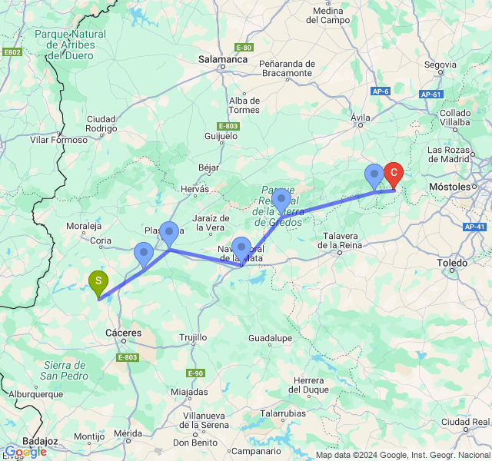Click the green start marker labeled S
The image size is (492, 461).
click(98, 283)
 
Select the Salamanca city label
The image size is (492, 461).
click(221, 58)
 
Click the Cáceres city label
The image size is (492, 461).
click(123, 333)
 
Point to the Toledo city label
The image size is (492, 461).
click(452, 263)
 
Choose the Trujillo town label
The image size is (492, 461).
click(193, 337)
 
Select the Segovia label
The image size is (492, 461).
click(440, 65)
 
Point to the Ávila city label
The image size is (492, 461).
click(361, 118)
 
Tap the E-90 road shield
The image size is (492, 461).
click(195, 373)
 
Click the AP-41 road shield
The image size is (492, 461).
click(474, 227)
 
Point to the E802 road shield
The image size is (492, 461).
click(13, 52)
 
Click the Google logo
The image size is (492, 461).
click(25, 452)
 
